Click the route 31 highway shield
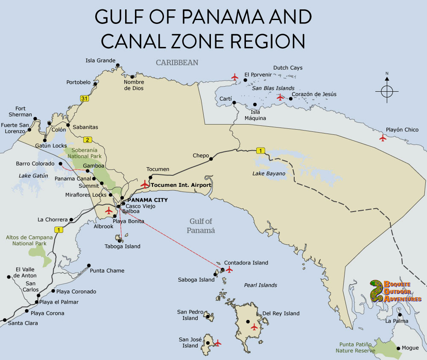point(85,99)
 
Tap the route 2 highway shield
point(88,140)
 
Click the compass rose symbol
point(387,91)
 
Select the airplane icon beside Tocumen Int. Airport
point(145,184)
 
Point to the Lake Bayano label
point(269,174)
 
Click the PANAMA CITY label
point(147,200)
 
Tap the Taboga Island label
point(123,246)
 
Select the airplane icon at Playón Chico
point(383,138)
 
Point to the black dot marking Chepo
point(211,160)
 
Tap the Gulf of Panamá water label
point(201,226)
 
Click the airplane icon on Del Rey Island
point(254,327)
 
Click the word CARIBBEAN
point(177,63)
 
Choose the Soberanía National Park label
point(85,153)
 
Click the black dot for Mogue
point(399,348)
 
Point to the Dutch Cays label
point(287,68)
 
